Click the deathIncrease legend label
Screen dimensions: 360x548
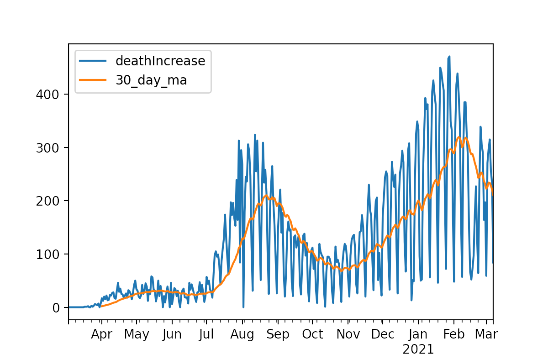(160, 61)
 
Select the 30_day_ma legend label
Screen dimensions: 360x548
(151, 80)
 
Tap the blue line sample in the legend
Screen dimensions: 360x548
(93, 61)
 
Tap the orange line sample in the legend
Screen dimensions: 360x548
(93, 80)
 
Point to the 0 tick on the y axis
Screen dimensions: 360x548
(56, 307)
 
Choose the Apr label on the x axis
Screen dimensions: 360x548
(101, 334)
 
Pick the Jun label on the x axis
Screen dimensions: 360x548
(172, 334)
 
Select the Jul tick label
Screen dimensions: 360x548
(206, 334)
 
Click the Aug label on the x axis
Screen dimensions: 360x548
(242, 334)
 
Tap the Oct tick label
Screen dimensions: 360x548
(313, 334)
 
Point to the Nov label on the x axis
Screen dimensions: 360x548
(349, 334)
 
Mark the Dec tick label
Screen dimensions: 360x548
(383, 334)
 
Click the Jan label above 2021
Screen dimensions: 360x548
(418, 334)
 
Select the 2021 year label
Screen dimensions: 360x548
(418, 349)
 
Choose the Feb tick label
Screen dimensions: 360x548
(454, 334)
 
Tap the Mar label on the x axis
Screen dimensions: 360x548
(486, 334)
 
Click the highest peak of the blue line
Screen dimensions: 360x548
(449, 57)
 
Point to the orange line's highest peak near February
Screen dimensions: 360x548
(459, 137)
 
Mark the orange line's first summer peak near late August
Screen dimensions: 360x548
(266, 196)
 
